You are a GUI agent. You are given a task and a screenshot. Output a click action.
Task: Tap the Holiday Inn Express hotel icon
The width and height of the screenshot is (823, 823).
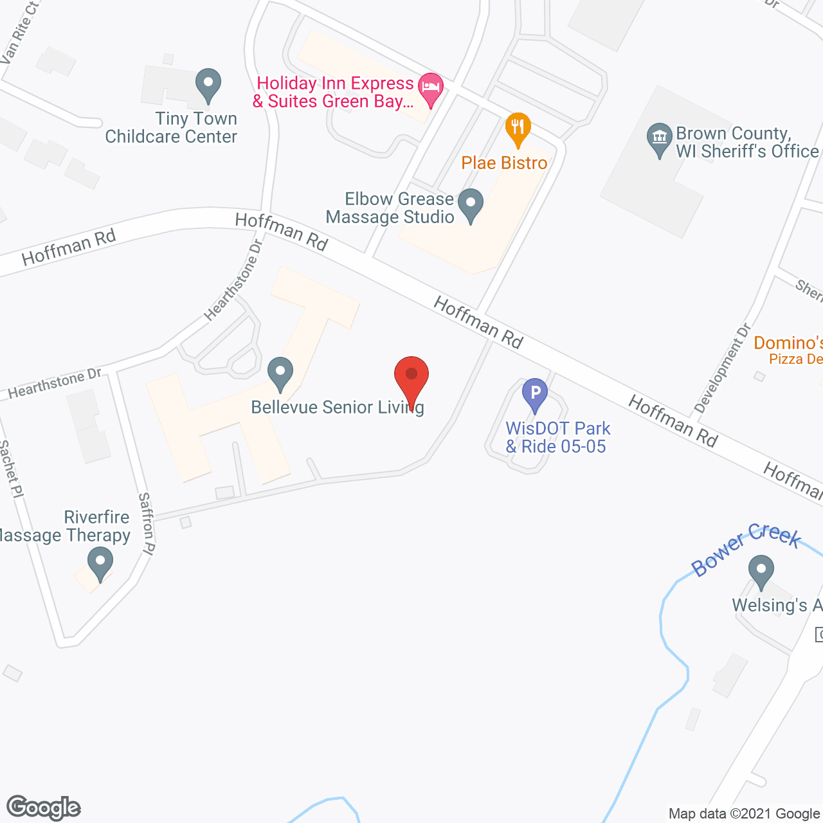[430, 88]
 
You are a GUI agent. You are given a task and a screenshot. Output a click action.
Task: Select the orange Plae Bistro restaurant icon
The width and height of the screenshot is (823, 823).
[518, 127]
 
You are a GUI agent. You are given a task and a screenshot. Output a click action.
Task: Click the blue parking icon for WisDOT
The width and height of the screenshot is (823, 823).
[534, 393]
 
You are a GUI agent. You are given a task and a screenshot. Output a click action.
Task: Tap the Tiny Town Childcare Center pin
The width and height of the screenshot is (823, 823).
[208, 85]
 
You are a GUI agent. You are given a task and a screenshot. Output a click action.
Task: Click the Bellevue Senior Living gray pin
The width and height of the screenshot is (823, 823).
[280, 373]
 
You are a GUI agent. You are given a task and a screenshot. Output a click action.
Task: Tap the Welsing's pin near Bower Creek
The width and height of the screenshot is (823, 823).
[761, 571]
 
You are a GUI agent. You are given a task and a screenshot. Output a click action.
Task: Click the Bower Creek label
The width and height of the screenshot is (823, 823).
[746, 549]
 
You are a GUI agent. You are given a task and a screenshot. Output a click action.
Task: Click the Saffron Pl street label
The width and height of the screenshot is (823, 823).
[147, 523]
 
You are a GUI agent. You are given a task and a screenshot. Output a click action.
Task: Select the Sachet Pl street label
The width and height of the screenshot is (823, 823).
[12, 469]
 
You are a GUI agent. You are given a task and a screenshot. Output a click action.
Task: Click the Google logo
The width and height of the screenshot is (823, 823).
[43, 808]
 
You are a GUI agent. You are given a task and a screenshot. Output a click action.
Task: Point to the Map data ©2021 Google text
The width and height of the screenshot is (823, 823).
[745, 813]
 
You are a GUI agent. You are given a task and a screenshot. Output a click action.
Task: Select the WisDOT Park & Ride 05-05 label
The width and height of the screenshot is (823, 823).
[557, 437]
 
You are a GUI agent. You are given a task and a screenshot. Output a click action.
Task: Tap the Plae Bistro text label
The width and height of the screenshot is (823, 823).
[504, 163]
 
